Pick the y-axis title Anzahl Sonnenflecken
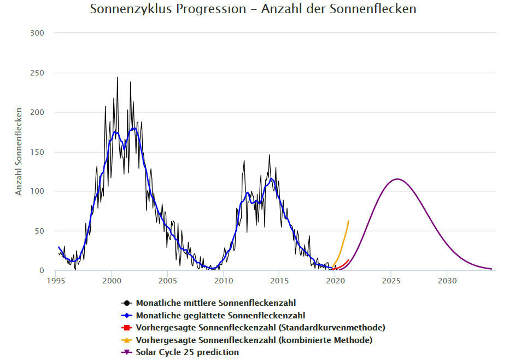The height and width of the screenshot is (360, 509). point(19,152)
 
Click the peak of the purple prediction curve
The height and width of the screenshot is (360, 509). point(396,179)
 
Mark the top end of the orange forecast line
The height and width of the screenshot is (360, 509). point(349,220)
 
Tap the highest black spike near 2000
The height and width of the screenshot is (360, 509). point(117,77)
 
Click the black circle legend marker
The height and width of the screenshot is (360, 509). point(127,303)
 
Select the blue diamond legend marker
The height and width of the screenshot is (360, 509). point(127,315)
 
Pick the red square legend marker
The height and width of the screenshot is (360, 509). point(127,328)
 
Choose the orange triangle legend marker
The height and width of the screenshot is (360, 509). point(127,340)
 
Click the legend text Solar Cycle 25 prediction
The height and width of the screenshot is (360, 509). point(188,352)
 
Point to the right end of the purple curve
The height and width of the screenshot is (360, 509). point(492,269)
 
